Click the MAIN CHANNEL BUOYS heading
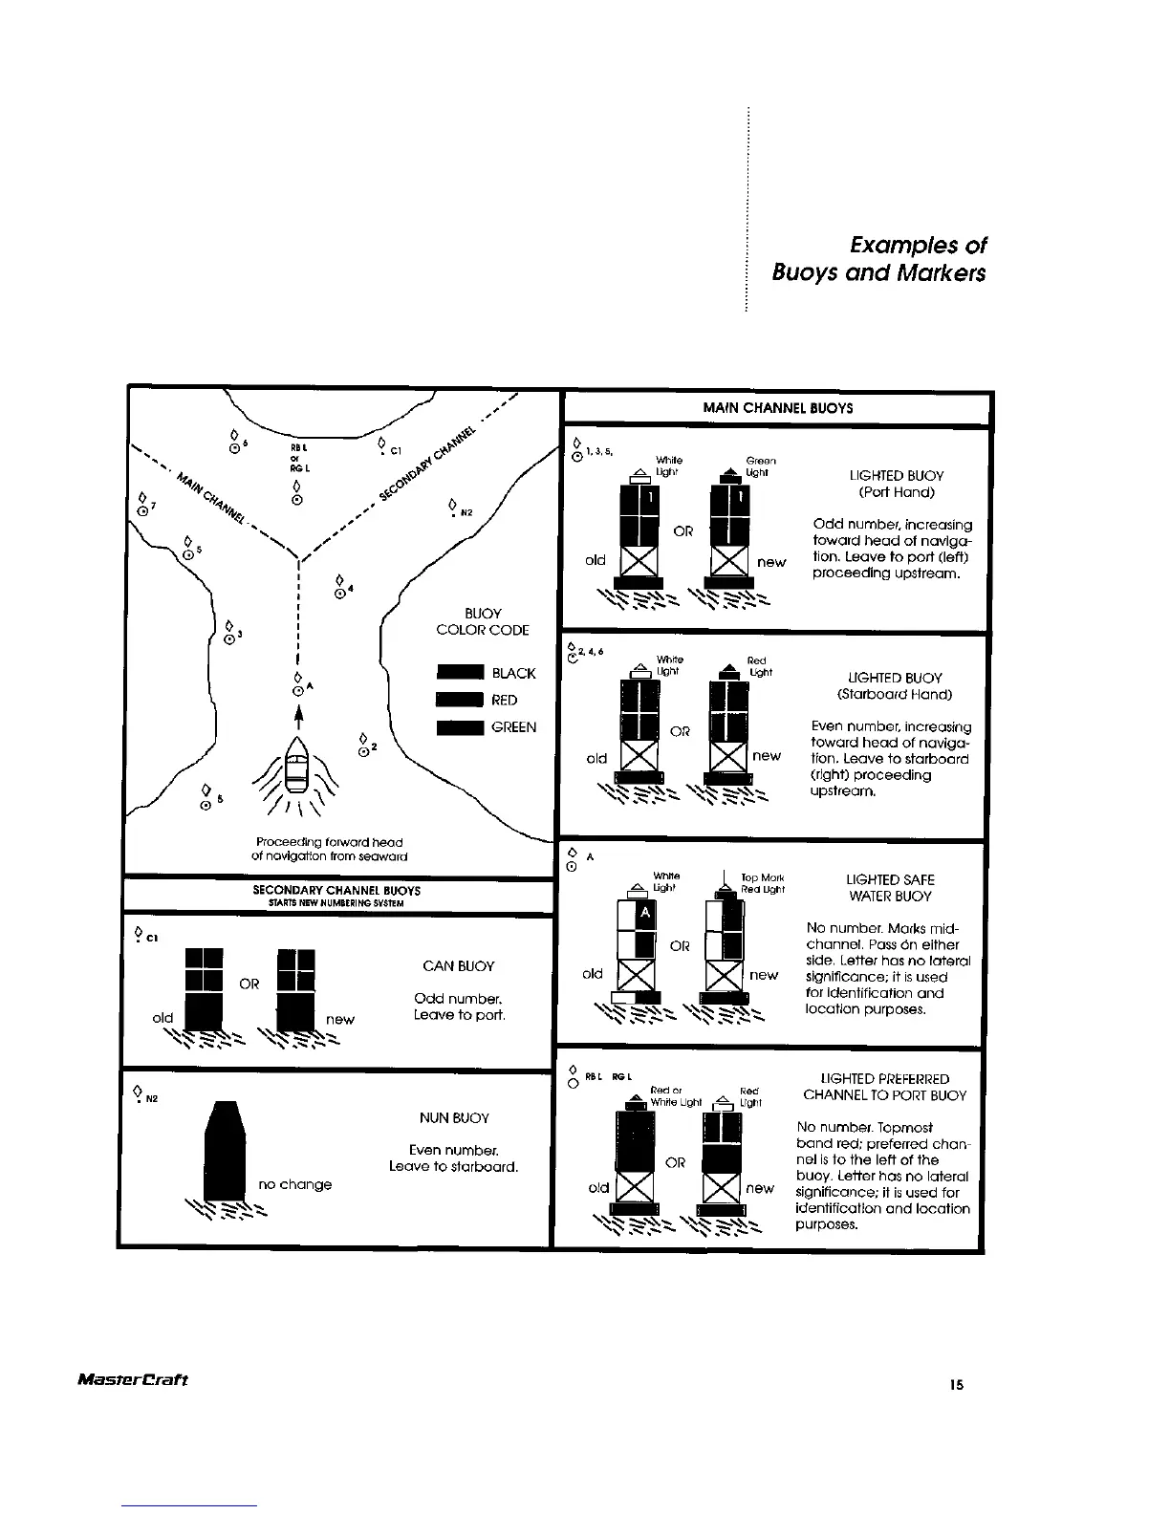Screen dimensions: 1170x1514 pyautogui.click(x=778, y=408)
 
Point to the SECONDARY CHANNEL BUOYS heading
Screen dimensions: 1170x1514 pyautogui.click(x=336, y=891)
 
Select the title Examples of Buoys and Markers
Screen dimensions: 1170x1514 pyautogui.click(x=878, y=259)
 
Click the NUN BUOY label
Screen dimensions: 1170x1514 pyautogui.click(x=454, y=1118)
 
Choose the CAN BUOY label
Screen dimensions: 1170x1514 pyautogui.click(x=459, y=966)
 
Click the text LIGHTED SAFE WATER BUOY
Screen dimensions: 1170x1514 pyautogui.click(x=890, y=888)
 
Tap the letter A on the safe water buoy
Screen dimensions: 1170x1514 pyautogui.click(x=645, y=914)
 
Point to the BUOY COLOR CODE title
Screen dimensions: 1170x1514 pyautogui.click(x=482, y=621)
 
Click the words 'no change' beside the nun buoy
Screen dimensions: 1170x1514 pyautogui.click(x=295, y=1185)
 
